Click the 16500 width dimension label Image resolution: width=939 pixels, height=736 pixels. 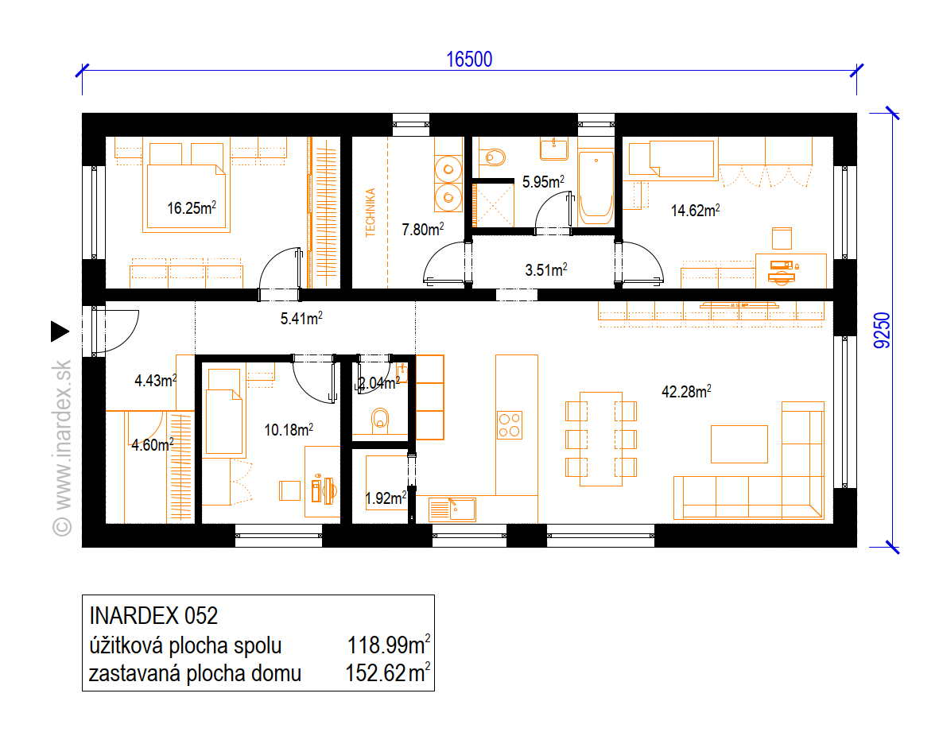[x=469, y=60]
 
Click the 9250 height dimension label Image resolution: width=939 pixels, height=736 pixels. [x=882, y=331]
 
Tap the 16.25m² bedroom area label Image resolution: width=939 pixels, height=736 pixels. [x=192, y=207]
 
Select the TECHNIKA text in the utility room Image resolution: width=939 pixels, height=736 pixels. [x=370, y=212]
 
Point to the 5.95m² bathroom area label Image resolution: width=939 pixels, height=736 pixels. [x=543, y=181]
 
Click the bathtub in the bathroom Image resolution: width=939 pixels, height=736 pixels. [x=596, y=187]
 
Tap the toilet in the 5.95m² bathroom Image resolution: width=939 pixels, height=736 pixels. [x=493, y=157]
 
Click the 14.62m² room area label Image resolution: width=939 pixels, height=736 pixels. [x=695, y=210]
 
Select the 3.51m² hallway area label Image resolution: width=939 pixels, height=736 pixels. [x=546, y=270]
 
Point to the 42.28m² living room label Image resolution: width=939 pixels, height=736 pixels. [x=686, y=392]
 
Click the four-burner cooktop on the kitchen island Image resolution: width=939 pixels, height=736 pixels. [x=510, y=425]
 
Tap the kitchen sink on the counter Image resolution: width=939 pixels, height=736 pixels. [x=452, y=509]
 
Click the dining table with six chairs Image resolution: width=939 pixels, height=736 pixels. [x=600, y=439]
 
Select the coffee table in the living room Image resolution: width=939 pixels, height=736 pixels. [x=739, y=444]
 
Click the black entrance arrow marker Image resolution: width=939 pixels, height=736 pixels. [x=60, y=331]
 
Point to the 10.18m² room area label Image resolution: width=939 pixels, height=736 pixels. [x=289, y=429]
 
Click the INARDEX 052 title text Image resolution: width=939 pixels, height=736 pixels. [x=153, y=616]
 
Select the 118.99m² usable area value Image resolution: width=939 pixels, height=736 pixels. [x=389, y=645]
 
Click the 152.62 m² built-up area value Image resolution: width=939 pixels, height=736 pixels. [x=387, y=673]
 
